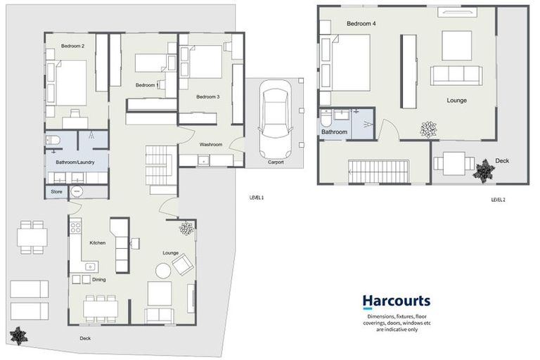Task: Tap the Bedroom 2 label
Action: [x=72, y=46]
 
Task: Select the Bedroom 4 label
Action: [x=361, y=24]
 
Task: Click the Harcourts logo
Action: [x=396, y=302]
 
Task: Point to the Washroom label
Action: [x=211, y=144]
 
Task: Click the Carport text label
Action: [x=276, y=162]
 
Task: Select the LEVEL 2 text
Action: [x=498, y=200]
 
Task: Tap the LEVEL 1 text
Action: [x=256, y=197]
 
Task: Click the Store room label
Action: [x=56, y=191]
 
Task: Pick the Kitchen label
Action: [x=97, y=243]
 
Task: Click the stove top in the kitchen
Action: [x=75, y=228]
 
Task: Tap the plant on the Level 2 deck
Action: [x=484, y=169]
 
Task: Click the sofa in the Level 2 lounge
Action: [x=455, y=75]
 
